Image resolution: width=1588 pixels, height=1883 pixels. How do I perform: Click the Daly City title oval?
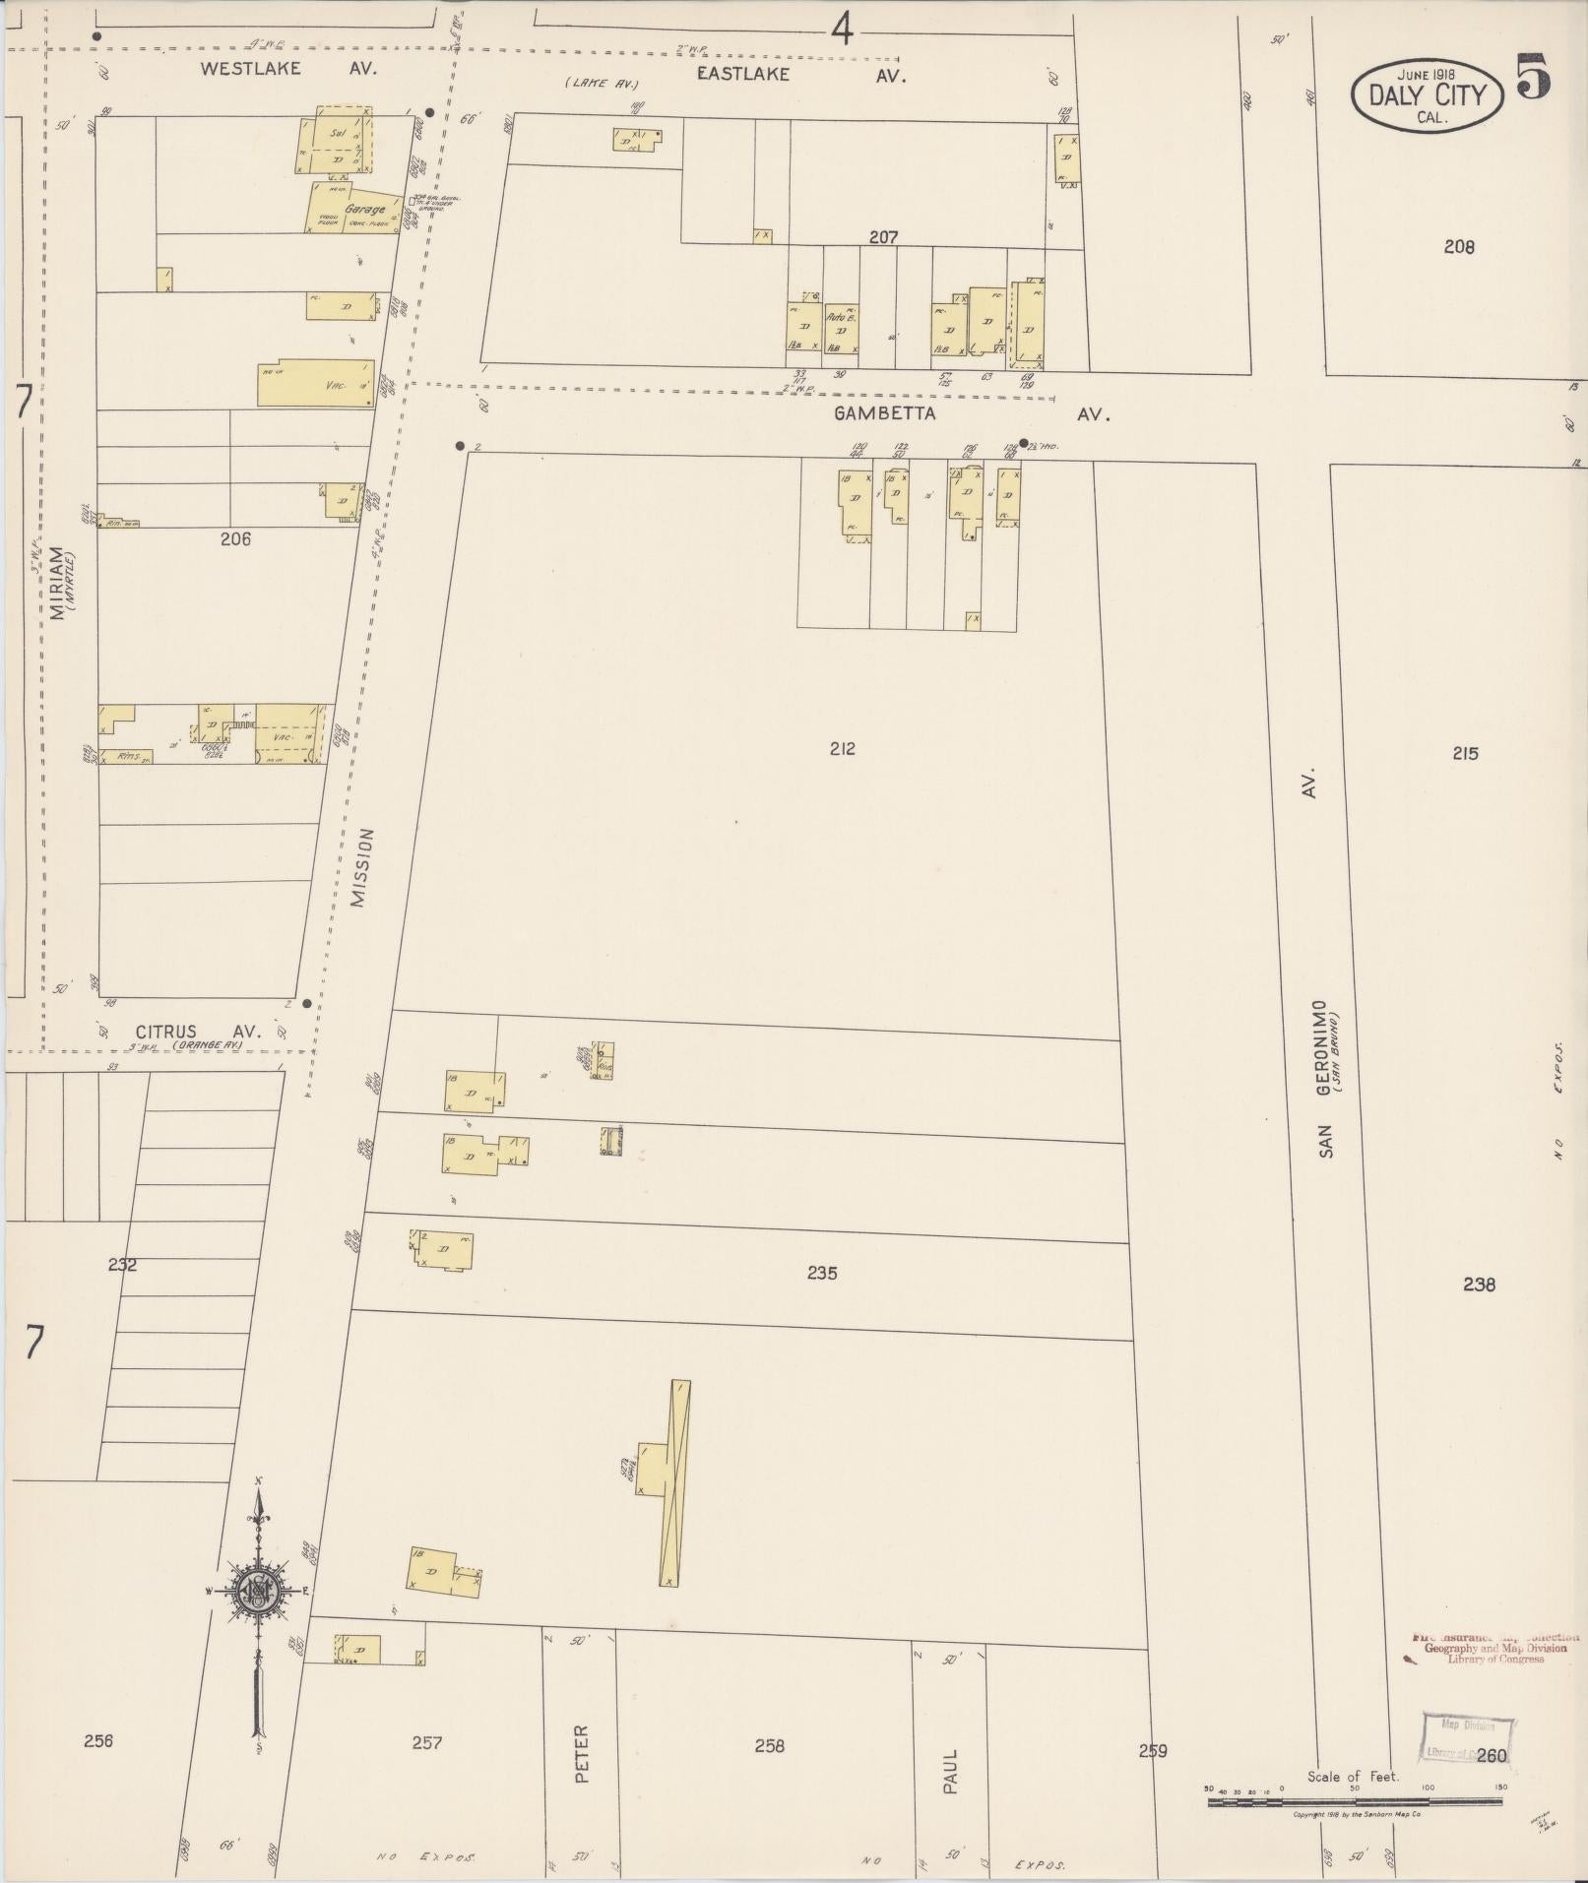pyautogui.click(x=1427, y=96)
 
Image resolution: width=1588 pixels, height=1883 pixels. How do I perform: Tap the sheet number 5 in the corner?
pyautogui.click(x=1534, y=76)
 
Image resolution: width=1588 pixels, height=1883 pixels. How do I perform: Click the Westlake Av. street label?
pyautogui.click(x=288, y=69)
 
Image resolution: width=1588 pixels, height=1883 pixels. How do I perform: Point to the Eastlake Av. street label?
pyautogui.click(x=800, y=74)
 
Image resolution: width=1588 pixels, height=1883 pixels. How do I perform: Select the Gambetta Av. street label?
pyautogui.click(x=971, y=414)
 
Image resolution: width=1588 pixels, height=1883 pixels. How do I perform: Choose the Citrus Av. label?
pyautogui.click(x=198, y=1031)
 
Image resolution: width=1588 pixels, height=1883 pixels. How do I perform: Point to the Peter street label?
pyautogui.click(x=581, y=1754)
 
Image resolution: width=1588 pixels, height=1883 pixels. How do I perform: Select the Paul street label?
pyautogui.click(x=950, y=1771)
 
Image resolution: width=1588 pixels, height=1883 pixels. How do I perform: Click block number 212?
pyautogui.click(x=842, y=749)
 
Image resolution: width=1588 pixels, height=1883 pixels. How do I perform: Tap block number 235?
pyautogui.click(x=822, y=1273)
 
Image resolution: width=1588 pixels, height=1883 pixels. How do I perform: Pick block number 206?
pyautogui.click(x=235, y=538)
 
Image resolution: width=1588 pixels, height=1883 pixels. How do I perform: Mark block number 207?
pyautogui.click(x=883, y=237)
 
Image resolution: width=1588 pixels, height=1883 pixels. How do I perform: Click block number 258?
pyautogui.click(x=769, y=1745)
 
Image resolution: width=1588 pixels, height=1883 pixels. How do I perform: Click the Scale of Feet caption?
pyautogui.click(x=1353, y=1777)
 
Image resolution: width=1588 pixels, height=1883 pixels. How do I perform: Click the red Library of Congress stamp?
pyautogui.click(x=1494, y=1647)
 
